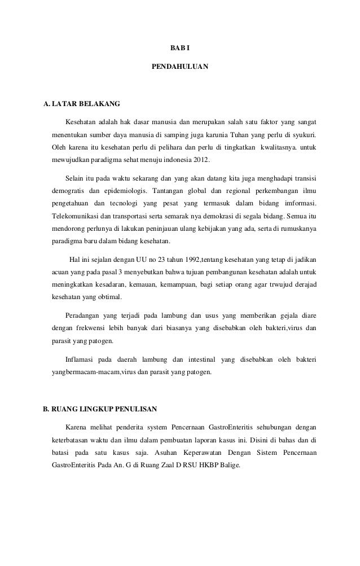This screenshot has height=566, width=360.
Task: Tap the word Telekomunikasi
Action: [x=77, y=216]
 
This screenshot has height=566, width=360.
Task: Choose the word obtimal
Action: [x=113, y=297]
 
